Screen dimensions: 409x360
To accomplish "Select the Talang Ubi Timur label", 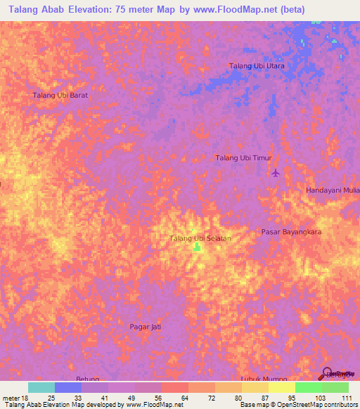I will click(243, 158).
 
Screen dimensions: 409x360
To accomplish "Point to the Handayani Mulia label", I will click(333, 190).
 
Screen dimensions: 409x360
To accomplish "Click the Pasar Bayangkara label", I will click(291, 231).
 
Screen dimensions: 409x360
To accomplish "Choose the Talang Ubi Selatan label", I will click(200, 239).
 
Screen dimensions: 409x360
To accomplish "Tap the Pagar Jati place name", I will click(147, 327).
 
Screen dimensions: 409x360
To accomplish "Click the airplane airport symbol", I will click(276, 173).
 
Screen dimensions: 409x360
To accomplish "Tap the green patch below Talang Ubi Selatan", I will click(198, 247).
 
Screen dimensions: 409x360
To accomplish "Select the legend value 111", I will click(347, 398).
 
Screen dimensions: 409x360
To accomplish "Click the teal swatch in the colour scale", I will click(41, 387).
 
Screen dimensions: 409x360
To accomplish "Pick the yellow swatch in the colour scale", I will click(282, 387).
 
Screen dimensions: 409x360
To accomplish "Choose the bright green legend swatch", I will click(309, 387).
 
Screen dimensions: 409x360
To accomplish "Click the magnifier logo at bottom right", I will click(327, 373).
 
